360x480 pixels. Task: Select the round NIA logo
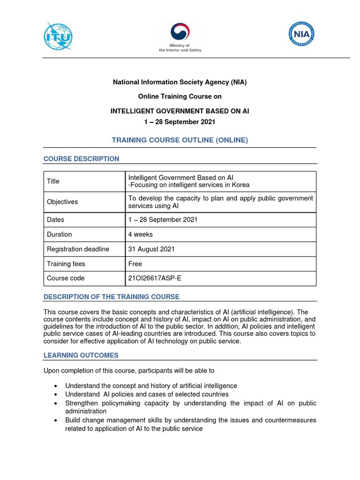(x=301, y=34)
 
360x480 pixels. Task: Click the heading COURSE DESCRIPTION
(x=81, y=159)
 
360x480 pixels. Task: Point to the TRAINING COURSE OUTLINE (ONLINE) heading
(x=180, y=140)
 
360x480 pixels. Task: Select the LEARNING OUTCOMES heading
(x=81, y=355)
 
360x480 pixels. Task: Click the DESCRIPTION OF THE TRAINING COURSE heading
(x=111, y=297)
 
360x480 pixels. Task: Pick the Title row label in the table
(x=53, y=181)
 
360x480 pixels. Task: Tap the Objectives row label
(x=62, y=202)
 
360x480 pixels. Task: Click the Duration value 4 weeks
(x=140, y=234)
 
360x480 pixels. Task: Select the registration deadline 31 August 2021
(x=151, y=249)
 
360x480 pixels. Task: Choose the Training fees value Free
(x=135, y=264)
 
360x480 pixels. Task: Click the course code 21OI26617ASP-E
(x=154, y=278)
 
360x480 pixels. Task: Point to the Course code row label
(x=66, y=278)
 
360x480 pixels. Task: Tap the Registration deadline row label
(x=78, y=249)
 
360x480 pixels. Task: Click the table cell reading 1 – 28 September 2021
(x=163, y=220)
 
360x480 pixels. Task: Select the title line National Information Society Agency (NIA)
(x=180, y=82)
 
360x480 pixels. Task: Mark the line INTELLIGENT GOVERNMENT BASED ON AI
(x=180, y=111)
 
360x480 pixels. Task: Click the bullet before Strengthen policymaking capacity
(x=56, y=404)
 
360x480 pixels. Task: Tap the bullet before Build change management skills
(x=56, y=420)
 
